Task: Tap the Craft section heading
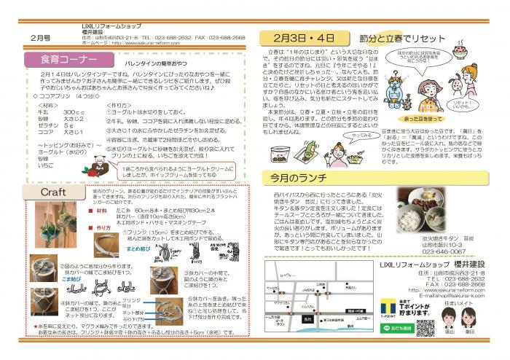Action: pyautogui.click(x=55, y=192)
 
